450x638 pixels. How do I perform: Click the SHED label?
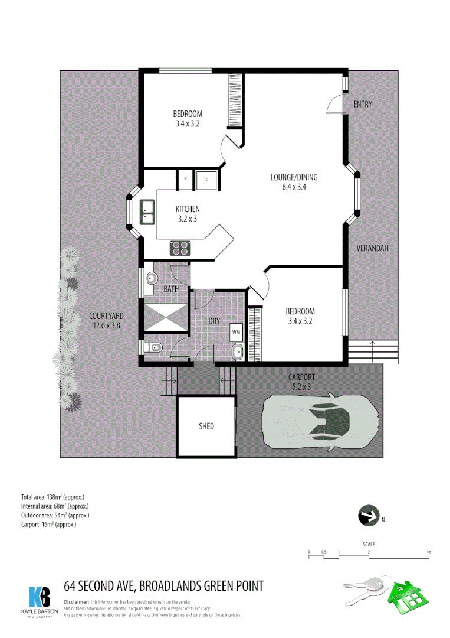click(206, 426)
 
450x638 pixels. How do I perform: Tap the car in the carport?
click(320, 421)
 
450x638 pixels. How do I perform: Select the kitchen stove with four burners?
click(180, 248)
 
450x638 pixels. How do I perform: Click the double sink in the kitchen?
click(147, 213)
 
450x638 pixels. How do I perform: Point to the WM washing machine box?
click(237, 332)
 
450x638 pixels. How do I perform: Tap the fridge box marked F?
click(207, 180)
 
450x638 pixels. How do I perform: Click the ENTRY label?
click(363, 105)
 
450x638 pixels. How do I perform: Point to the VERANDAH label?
click(372, 248)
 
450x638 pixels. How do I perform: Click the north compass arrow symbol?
click(368, 516)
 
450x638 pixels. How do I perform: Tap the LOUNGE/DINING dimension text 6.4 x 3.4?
click(293, 187)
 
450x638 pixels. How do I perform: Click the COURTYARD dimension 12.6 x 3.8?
click(106, 325)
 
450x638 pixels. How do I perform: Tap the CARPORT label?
click(301, 376)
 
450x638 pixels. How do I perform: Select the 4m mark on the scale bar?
click(429, 552)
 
